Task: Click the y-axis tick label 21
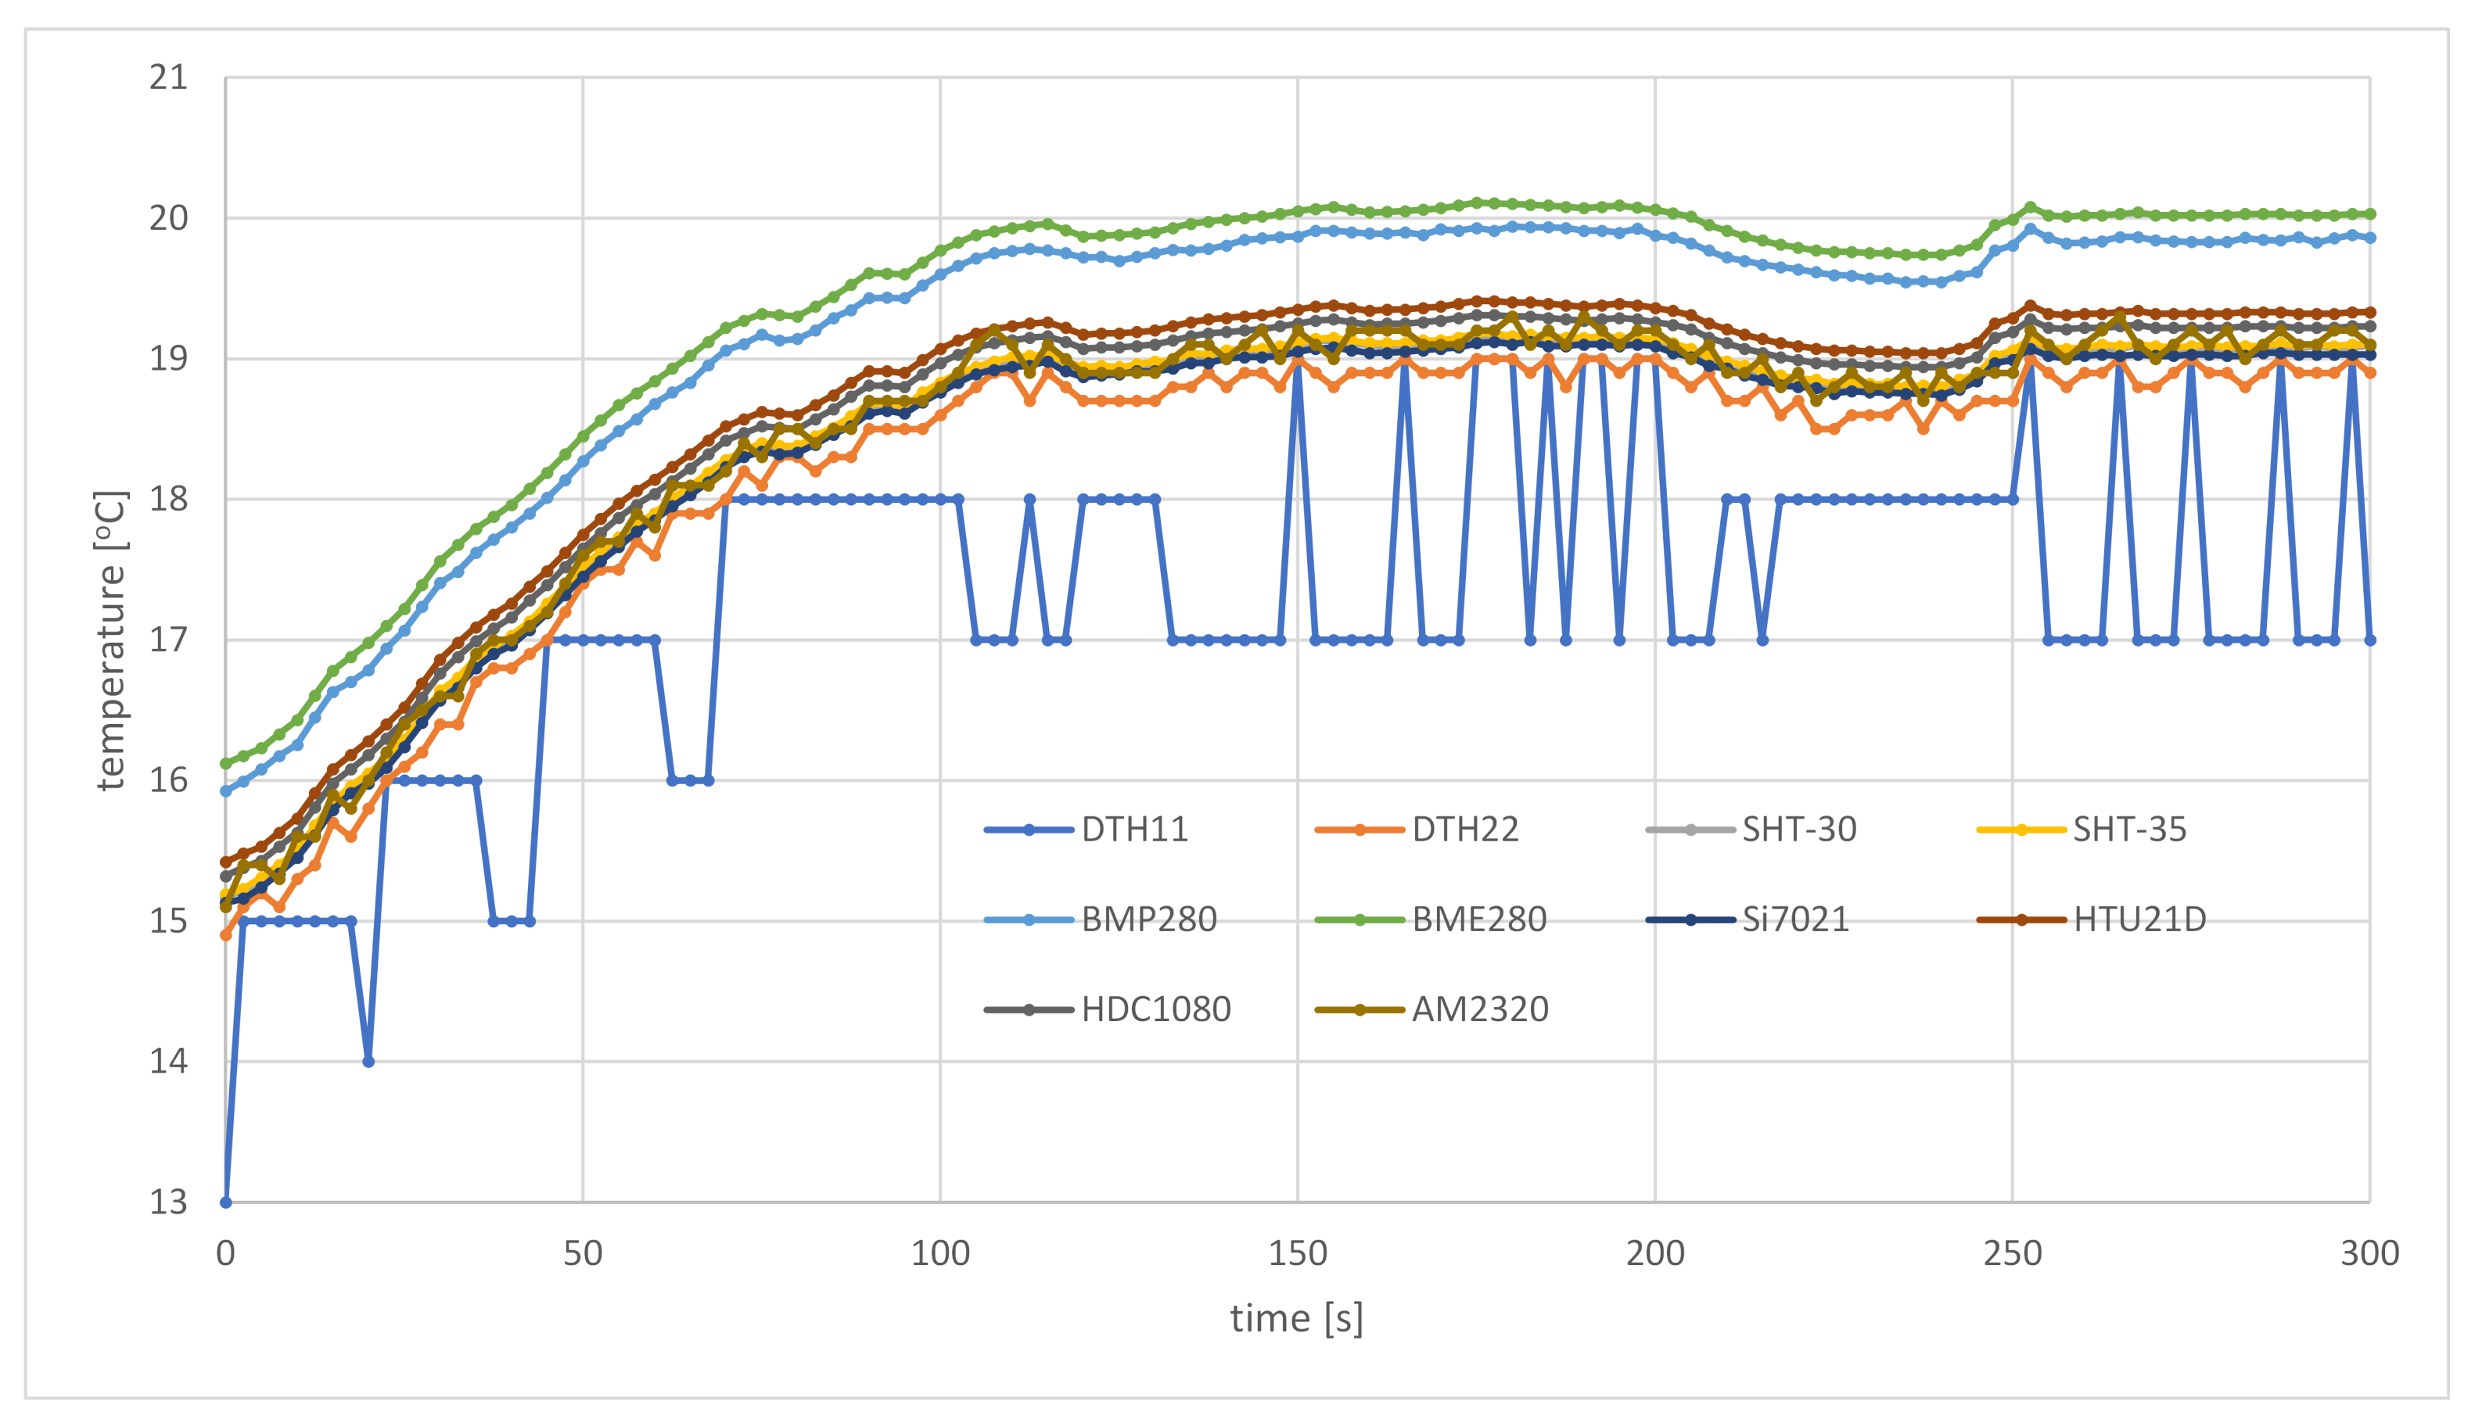168,77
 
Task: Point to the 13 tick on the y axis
168,1203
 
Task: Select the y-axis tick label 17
168,640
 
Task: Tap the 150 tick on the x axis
1297,1254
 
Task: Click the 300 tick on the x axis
2369,1254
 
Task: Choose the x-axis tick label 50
583,1254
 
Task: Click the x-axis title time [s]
1296,1320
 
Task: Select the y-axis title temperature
110,640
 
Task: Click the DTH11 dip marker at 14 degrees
368,1062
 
